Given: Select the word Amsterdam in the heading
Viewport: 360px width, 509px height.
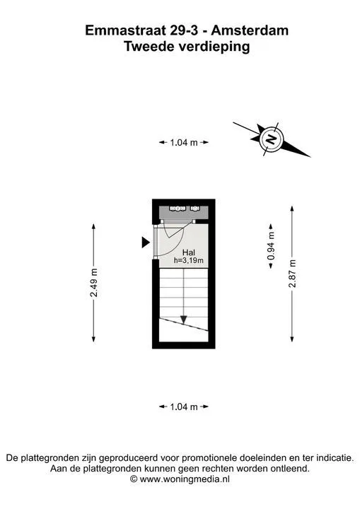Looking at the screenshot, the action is point(250,30).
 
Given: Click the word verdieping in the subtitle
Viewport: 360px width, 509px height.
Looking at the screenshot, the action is point(214,47).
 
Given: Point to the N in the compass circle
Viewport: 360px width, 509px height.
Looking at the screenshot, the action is point(271,139).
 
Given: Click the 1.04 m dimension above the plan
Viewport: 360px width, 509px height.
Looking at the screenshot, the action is point(184,142).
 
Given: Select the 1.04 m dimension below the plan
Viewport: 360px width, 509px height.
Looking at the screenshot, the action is point(184,406).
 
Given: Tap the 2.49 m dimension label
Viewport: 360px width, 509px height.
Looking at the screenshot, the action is point(93,283).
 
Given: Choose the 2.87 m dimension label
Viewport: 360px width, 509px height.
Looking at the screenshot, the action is point(292,274).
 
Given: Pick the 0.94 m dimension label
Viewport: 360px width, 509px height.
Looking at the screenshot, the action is point(271,246).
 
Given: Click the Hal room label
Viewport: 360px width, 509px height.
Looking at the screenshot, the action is point(189,252).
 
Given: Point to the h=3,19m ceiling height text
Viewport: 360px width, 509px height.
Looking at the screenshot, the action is point(189,260).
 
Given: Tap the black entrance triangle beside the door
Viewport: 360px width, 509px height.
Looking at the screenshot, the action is point(146,242).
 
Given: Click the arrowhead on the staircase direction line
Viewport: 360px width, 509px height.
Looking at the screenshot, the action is point(184,320).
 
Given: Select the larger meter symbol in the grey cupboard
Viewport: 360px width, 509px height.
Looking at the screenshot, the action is point(178,208).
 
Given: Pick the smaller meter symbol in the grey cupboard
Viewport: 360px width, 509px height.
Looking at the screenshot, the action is point(195,208).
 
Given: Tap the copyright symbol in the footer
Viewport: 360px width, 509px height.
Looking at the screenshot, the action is point(134,479).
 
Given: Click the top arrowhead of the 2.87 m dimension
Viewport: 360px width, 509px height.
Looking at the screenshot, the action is point(292,209).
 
